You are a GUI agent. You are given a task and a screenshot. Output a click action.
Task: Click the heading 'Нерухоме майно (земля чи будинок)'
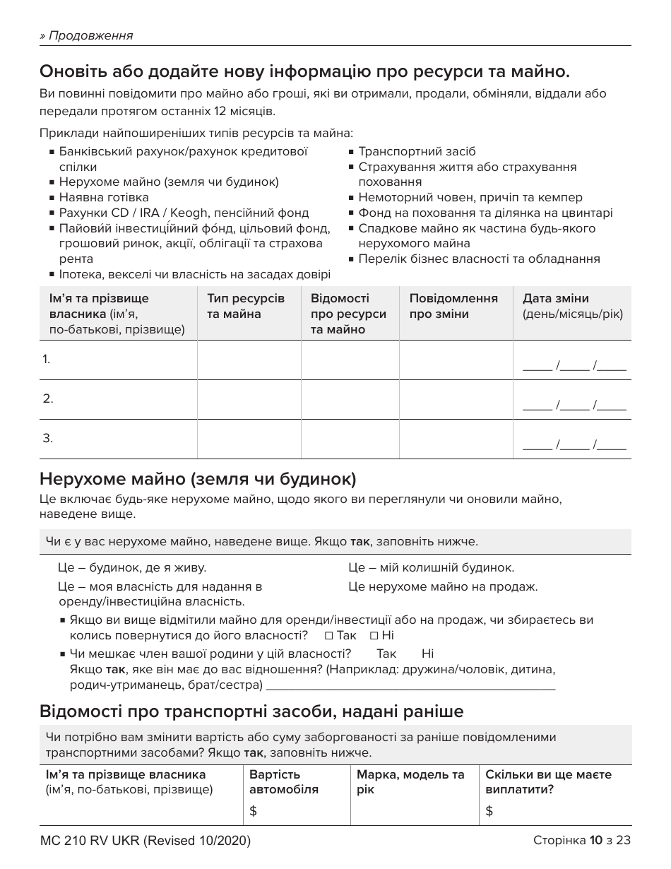coord(198,479)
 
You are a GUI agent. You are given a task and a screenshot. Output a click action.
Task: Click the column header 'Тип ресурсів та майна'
coord(246,306)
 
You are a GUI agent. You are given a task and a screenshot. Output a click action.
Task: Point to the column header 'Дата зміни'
coord(555,298)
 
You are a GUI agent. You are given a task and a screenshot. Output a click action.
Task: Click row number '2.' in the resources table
coord(48,398)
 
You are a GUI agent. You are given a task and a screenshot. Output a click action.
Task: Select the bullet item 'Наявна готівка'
coord(104,197)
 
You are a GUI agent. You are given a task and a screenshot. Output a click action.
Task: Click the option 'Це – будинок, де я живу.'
coord(131,567)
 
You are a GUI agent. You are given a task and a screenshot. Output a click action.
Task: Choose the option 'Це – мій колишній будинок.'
coord(431,567)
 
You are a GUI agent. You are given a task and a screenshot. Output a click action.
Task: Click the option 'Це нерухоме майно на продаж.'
coord(443,586)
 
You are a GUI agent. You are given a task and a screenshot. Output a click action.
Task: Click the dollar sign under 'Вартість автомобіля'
coord(254,811)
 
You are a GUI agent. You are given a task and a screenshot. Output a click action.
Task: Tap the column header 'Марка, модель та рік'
coord(410,781)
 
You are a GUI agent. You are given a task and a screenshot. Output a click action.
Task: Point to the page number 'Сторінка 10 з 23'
coord(581,840)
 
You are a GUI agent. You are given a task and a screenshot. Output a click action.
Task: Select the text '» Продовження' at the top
coord(86,35)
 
